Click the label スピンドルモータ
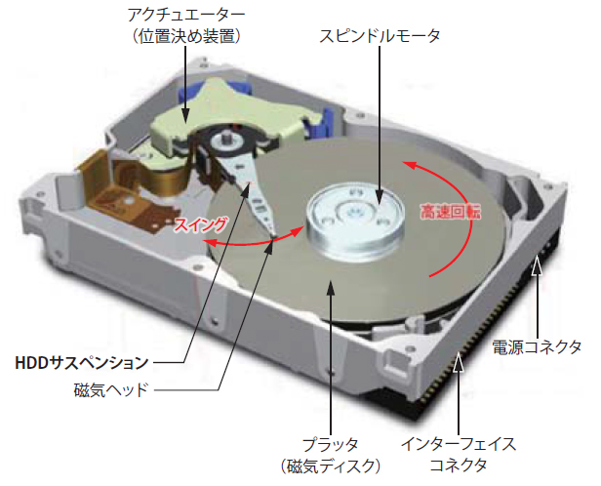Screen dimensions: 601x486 point(380,36)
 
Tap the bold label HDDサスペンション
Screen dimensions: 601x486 point(82,363)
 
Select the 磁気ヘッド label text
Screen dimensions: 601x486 point(111,390)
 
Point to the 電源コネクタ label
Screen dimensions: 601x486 point(537,347)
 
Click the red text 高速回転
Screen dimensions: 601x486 point(451,211)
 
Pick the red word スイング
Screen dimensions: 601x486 point(200,224)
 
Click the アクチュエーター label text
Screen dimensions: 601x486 point(186,16)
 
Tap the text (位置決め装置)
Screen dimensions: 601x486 point(186,37)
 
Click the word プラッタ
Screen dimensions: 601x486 point(331,445)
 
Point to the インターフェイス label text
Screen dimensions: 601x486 point(459,444)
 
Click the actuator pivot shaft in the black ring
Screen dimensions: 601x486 point(225,139)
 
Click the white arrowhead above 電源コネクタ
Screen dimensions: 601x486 point(537,265)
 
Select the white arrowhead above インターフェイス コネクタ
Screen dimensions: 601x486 point(459,362)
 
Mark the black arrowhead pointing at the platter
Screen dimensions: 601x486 point(331,288)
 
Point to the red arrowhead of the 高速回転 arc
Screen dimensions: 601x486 point(409,165)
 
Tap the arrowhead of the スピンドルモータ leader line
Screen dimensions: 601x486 point(380,198)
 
